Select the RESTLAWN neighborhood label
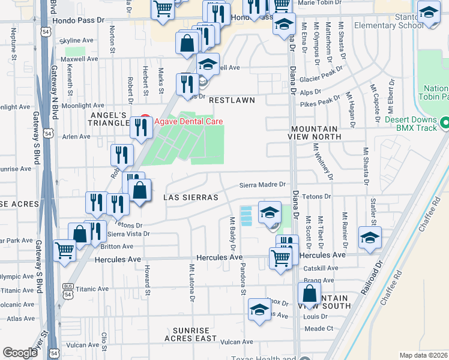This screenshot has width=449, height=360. point(232,100)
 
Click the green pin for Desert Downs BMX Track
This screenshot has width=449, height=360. point(445,123)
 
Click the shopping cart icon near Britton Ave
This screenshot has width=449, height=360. point(64,251)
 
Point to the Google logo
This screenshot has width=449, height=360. point(20,353)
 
